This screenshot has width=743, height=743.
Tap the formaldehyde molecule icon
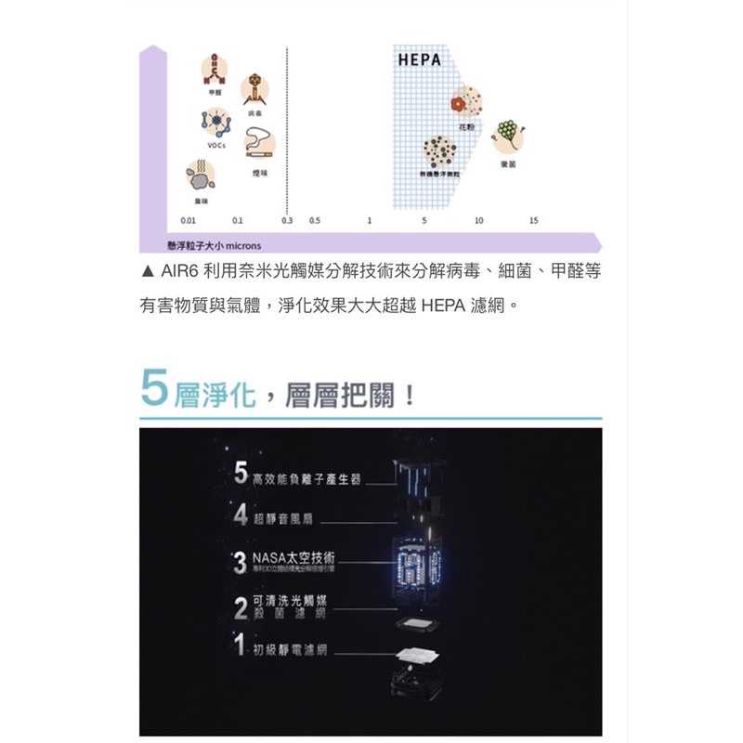click(x=215, y=68)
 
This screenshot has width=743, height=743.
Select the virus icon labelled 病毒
click(x=257, y=90)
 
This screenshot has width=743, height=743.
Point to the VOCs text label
click(x=215, y=146)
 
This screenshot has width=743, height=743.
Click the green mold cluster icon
click(x=508, y=134)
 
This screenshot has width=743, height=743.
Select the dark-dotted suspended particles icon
click(x=438, y=150)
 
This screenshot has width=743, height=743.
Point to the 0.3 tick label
click(x=286, y=221)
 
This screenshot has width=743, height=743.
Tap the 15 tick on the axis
click(x=533, y=221)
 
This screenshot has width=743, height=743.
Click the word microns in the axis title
click(x=242, y=245)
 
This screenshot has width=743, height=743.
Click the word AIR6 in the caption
click(x=177, y=270)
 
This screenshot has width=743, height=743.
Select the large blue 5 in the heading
click(x=153, y=388)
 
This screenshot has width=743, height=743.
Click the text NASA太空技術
click(x=293, y=557)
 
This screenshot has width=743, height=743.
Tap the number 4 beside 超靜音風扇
click(x=241, y=515)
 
